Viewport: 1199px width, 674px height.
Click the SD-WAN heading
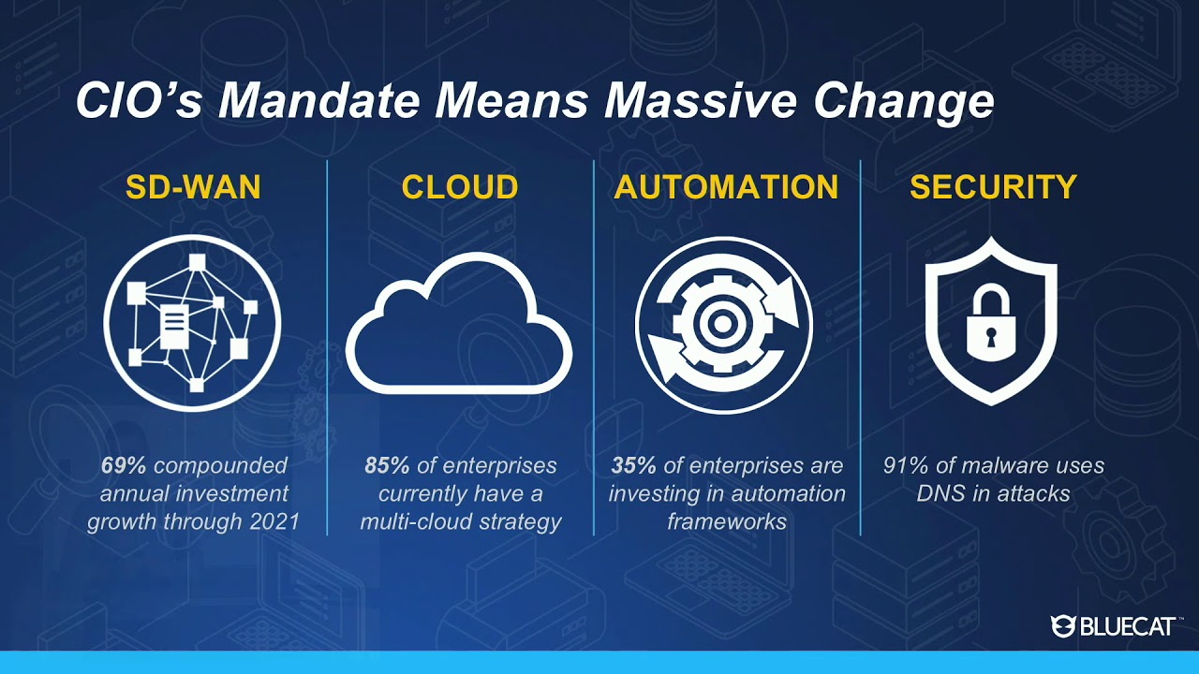click(193, 186)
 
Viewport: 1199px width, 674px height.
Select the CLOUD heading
click(460, 186)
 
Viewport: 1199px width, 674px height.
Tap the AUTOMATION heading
click(726, 186)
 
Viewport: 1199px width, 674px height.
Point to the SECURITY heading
click(993, 186)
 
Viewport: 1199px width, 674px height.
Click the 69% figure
click(123, 465)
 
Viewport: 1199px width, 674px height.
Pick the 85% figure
click(387, 465)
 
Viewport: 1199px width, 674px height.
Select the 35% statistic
click(633, 465)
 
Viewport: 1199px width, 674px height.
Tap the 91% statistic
click(906, 465)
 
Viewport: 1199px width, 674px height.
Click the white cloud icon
click(459, 323)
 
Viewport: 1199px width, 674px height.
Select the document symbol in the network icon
click(174, 327)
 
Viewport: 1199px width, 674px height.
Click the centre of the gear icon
click(722, 324)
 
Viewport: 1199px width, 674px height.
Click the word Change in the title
click(904, 103)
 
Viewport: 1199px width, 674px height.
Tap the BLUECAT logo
click(1114, 626)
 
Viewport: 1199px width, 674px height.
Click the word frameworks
click(727, 521)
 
